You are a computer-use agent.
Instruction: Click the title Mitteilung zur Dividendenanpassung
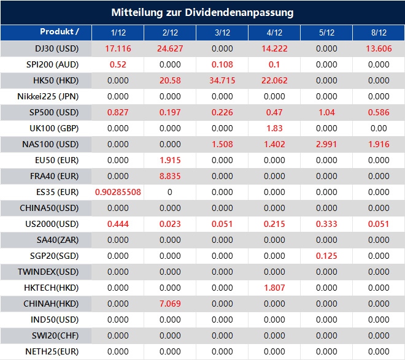pyautogui.click(x=202, y=12)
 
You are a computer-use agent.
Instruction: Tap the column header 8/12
pyautogui.click(x=379, y=33)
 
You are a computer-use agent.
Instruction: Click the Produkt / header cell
pyautogui.click(x=59, y=32)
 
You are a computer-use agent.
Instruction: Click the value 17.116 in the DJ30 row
pyautogui.click(x=118, y=48)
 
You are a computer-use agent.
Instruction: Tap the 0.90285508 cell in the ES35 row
pyautogui.click(x=118, y=192)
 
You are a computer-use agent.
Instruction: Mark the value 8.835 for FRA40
pyautogui.click(x=170, y=176)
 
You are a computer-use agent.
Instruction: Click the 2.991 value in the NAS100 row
pyautogui.click(x=326, y=144)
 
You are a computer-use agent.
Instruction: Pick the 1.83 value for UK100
pyautogui.click(x=274, y=128)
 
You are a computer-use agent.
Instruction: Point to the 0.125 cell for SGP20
pyautogui.click(x=326, y=256)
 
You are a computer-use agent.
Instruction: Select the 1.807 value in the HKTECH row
pyautogui.click(x=274, y=288)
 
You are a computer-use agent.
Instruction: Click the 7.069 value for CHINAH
pyautogui.click(x=170, y=304)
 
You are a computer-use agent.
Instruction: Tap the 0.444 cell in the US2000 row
pyautogui.click(x=118, y=224)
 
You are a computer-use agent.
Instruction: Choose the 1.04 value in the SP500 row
pyautogui.click(x=326, y=112)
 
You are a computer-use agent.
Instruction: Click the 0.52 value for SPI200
pyautogui.click(x=118, y=64)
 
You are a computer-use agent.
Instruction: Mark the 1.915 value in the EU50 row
pyautogui.click(x=170, y=160)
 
